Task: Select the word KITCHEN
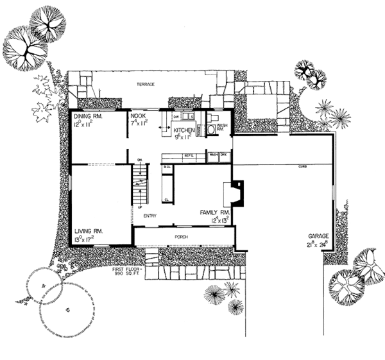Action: [x=185, y=129]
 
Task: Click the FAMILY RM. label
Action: [x=213, y=212]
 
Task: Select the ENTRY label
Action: [x=151, y=216]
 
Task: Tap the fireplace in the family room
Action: [x=237, y=193]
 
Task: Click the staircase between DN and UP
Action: [x=140, y=182]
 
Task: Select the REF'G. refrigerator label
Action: [x=189, y=155]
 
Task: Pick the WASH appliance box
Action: [x=213, y=155]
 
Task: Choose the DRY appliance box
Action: [x=225, y=155]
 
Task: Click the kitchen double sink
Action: [x=187, y=117]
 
